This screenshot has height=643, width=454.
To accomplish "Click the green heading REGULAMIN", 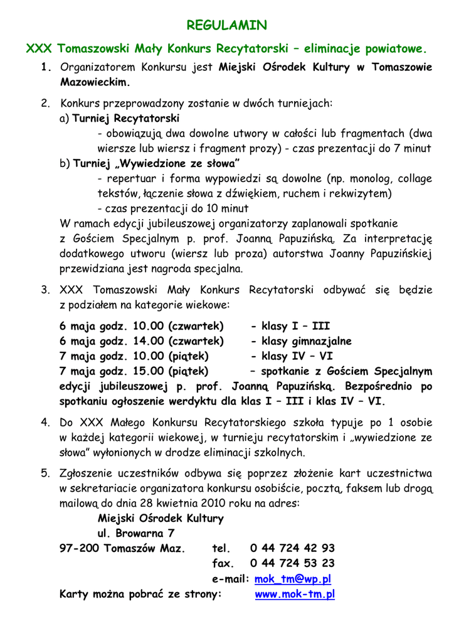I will [x=228, y=25].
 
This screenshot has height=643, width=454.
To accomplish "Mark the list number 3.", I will [x=45, y=291].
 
